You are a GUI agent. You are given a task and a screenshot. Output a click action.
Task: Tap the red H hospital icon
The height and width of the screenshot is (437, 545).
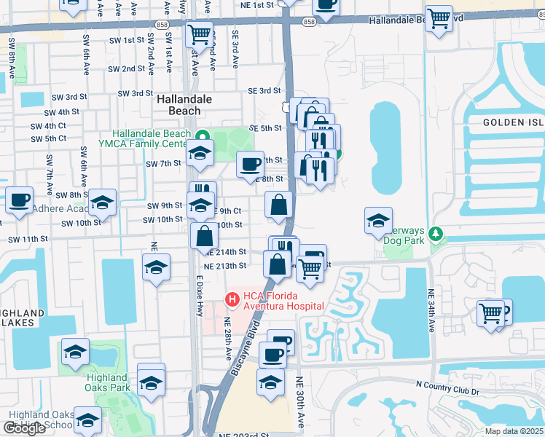pos(232,299)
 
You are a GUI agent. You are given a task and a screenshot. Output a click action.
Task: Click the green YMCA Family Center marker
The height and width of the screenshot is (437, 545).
pos(204,136)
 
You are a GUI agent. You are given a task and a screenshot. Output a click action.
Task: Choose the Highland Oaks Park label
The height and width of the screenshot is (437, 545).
pos(108,382)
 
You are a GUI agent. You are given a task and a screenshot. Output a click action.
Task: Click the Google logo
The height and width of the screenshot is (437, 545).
pos(24,428)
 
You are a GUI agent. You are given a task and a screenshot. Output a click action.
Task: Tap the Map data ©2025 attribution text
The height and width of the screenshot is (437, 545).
pos(514,431)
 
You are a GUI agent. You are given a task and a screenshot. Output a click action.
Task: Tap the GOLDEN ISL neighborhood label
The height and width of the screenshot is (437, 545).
pos(513,123)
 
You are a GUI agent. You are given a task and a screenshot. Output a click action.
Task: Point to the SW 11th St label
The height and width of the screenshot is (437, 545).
pos(28,239)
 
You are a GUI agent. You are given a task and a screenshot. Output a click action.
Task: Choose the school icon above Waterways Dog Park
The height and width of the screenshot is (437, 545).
pos(378,220)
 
